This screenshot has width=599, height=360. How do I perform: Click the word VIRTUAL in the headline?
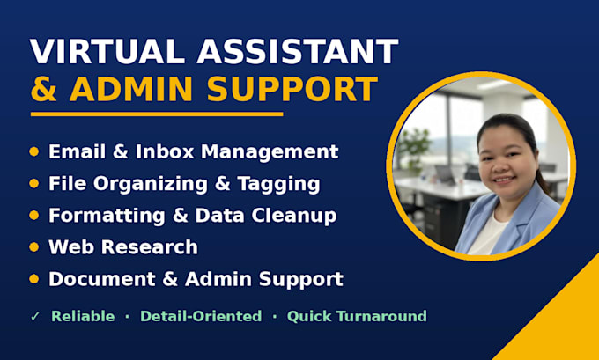coord(107,52)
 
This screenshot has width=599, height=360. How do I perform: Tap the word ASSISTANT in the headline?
coord(298,52)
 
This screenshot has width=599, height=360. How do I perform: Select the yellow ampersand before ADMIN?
coord(44,89)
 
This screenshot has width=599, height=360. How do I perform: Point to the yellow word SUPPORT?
coord(292,89)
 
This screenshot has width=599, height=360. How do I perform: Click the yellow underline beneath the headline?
coord(157,114)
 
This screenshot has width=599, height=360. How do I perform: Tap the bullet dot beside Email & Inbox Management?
coord(34,152)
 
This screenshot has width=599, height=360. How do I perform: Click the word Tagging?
coord(278,184)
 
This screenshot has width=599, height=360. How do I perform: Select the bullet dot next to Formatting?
coord(34,216)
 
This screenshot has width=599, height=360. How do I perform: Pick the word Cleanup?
coord(293,216)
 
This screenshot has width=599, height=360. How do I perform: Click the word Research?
coord(150,247)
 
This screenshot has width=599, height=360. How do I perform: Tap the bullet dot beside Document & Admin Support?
coord(34,279)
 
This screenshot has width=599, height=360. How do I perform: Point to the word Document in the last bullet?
coord(102,279)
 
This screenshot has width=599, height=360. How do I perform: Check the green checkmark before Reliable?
coord(35,317)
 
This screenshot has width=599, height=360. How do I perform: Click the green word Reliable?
coord(83,316)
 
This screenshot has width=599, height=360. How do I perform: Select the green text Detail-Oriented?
coord(201,316)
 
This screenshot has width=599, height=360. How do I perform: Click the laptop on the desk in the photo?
coord(446,174)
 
